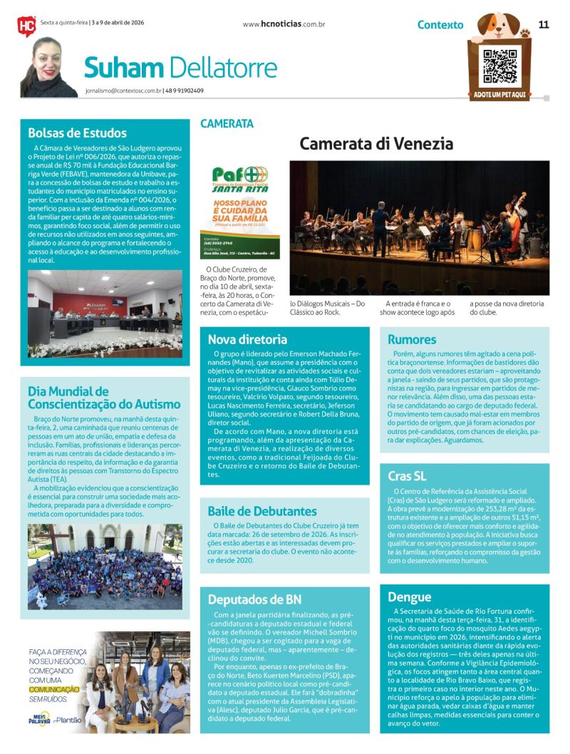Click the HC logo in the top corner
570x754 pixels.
(26, 26)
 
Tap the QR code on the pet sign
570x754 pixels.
(499, 65)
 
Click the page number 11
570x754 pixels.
(544, 24)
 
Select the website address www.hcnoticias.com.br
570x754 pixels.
(284, 24)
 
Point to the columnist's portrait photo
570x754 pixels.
(48, 68)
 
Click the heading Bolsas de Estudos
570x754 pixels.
(77, 133)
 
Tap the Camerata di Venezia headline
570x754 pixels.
(376, 143)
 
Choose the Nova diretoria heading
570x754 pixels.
(247, 339)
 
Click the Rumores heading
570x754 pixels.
(412, 339)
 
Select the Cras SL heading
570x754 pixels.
(407, 476)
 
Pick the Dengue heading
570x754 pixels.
(409, 597)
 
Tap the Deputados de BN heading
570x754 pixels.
(254, 599)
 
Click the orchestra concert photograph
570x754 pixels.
(419, 227)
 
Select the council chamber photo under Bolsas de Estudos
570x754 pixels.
(105, 314)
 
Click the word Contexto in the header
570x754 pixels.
(440, 25)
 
